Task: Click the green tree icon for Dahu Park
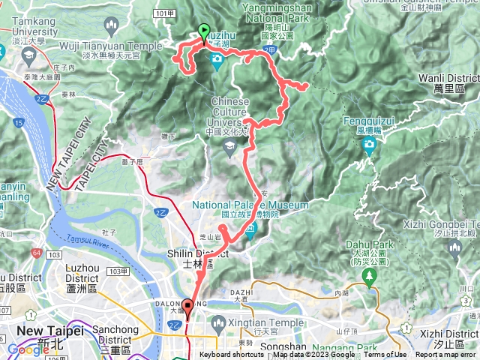point(369,277)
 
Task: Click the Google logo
point(28,349)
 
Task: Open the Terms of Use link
point(385,355)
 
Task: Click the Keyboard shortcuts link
point(232,355)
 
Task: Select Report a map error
point(447,355)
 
